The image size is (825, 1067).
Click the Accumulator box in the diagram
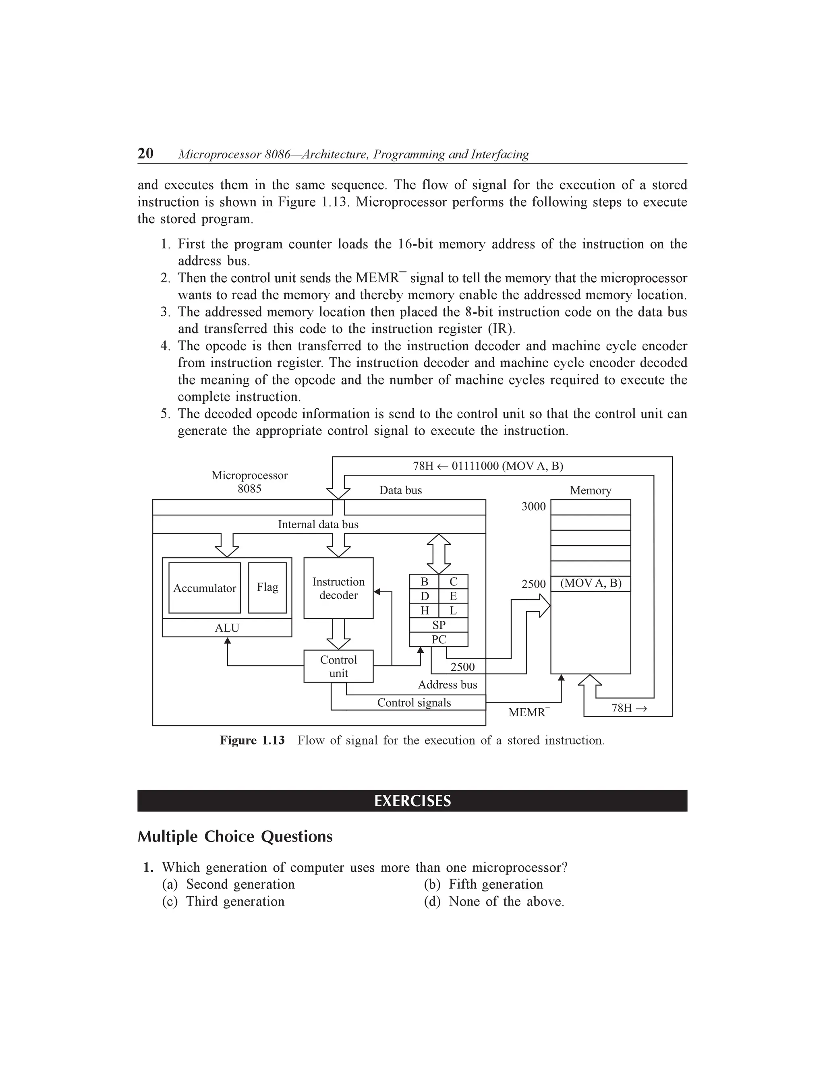point(204,588)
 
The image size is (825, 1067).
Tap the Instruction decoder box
point(338,588)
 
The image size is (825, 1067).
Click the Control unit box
point(338,666)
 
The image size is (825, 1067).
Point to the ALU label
point(227,628)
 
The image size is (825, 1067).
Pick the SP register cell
point(438,625)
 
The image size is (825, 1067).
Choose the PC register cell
point(438,639)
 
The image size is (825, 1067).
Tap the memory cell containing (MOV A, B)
point(591,583)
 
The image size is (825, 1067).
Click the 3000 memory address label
point(533,507)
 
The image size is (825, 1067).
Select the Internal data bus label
point(318,525)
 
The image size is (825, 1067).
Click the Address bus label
point(447,685)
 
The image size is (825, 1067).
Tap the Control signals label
point(414,703)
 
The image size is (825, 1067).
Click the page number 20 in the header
point(146,153)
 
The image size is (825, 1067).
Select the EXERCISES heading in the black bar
point(412,801)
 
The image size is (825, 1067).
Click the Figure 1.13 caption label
point(252,740)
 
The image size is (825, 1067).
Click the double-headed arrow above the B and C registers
point(438,554)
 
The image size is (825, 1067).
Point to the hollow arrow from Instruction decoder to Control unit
point(338,634)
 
